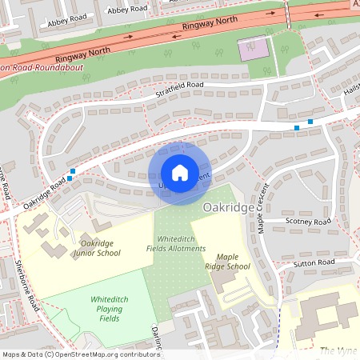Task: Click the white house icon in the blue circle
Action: click(x=180, y=173)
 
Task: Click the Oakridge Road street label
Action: click(x=44, y=194)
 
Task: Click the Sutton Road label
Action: click(x=314, y=262)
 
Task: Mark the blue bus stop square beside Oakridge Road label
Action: click(x=73, y=171)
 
